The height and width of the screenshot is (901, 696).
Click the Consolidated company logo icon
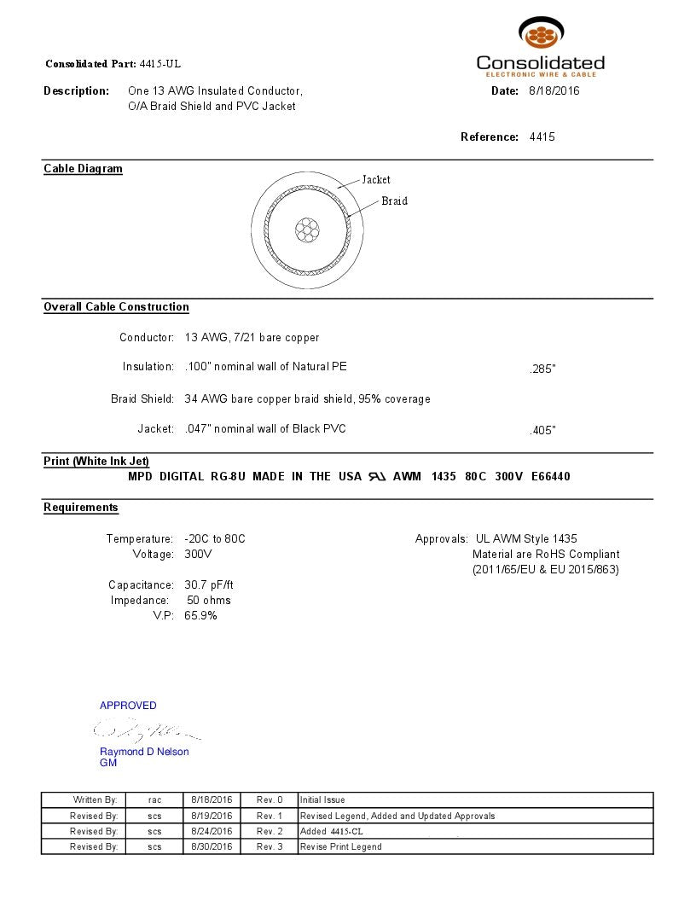[x=541, y=35]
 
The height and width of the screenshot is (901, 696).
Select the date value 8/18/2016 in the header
[x=554, y=90]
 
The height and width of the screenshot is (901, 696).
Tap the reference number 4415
[x=542, y=137]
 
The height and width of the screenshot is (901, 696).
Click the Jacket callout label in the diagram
[x=376, y=179]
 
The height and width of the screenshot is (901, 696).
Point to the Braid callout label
[x=394, y=201]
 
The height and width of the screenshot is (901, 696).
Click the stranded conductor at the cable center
[x=306, y=229]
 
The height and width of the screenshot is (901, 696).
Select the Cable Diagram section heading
[x=83, y=169]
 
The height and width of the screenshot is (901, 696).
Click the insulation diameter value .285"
[x=542, y=369]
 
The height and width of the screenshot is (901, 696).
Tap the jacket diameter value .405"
[x=542, y=431]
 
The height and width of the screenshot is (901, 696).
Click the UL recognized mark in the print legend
[x=376, y=476]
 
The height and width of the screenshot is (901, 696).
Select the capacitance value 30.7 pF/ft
[x=209, y=584]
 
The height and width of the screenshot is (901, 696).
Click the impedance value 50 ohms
[x=209, y=600]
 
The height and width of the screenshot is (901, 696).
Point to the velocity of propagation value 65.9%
[x=200, y=615]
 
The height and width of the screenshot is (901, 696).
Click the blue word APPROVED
[x=128, y=706]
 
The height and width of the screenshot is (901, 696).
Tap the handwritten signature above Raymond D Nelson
[x=145, y=729]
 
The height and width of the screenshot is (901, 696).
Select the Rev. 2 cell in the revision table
[x=270, y=831]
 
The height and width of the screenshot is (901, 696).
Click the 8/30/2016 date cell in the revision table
[x=212, y=846]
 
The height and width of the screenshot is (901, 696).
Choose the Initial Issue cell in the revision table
[x=322, y=800]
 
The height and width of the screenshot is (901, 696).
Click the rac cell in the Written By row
[x=154, y=800]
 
